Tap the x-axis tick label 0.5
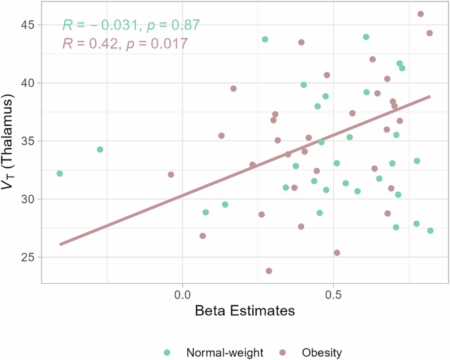333,295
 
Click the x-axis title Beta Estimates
245,311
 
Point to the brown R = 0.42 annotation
125,43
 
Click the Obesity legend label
322,353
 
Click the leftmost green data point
60,173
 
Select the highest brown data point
420,14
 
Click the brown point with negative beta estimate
171,175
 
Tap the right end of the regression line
430,97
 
